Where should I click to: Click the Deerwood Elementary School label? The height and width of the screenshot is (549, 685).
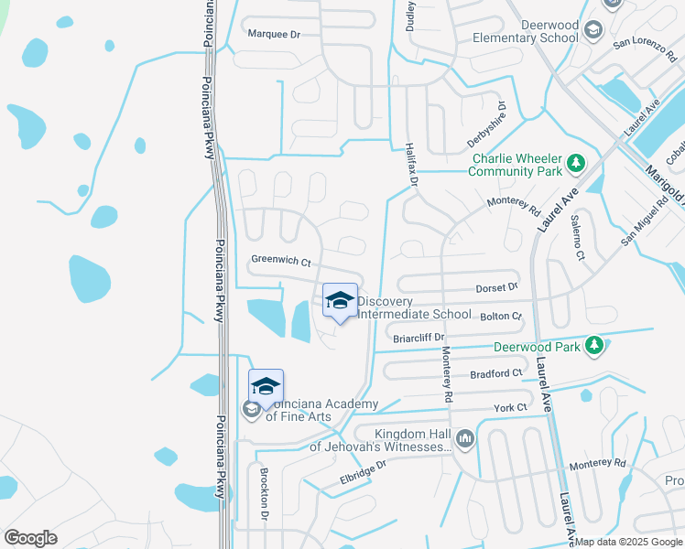[525, 32]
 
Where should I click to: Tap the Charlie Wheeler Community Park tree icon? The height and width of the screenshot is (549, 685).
[576, 164]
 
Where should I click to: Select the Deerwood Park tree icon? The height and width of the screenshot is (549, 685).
[594, 346]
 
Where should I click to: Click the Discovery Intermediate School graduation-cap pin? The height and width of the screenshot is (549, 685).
[340, 301]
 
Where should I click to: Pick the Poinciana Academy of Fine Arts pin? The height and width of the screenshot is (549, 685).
[266, 387]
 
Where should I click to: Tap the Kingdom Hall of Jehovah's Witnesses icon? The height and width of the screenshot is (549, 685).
[466, 440]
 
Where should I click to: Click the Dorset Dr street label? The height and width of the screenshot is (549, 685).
[496, 287]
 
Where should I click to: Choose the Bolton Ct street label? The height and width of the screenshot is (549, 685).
[500, 316]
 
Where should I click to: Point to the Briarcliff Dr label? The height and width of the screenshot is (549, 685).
[418, 337]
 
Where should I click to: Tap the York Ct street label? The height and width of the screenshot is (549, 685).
[510, 407]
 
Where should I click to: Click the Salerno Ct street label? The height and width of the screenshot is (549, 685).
[577, 236]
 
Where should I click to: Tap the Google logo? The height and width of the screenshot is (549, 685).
[31, 538]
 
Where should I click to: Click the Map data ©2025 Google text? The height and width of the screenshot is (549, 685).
[627, 542]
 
